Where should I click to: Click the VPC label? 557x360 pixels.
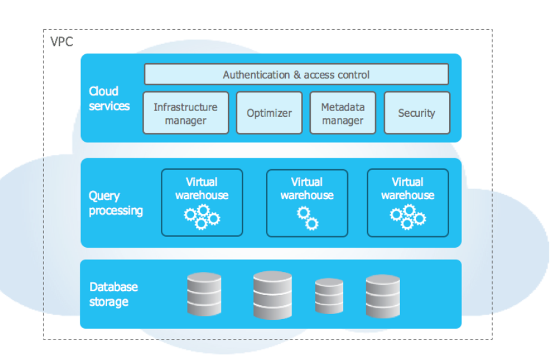pos(62,41)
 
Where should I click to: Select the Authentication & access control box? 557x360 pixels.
pos(296,74)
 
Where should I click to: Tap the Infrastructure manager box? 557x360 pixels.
pos(186,113)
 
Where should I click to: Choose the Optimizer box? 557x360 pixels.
pos(269,113)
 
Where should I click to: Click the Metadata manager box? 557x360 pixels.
pos(343,113)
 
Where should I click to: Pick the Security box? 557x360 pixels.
pos(417,113)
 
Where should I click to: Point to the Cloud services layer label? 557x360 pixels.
pos(109,98)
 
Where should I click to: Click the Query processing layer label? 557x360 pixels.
pos(115,203)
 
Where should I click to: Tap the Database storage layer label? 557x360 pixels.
pos(114,294)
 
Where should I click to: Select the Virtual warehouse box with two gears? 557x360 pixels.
pos(307,203)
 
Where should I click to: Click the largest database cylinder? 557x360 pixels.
pos(272,295)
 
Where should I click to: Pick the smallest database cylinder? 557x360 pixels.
pos(329,296)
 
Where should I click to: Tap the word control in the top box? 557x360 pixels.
pos(353,75)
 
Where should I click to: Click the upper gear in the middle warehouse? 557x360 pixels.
pos(303,213)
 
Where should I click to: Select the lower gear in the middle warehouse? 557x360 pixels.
pos(312,224)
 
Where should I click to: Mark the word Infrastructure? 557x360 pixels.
pos(186,107)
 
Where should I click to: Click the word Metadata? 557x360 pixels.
pos(343,107)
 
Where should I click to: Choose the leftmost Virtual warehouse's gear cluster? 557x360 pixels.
pos(202,217)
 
